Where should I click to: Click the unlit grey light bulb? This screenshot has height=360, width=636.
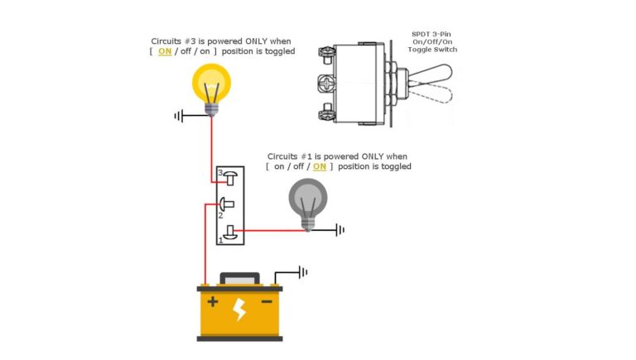tap(307, 200)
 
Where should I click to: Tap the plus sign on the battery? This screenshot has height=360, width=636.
tap(213, 302)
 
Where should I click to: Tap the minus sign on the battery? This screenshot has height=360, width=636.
tap(267, 302)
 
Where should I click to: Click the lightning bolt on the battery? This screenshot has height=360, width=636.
tap(239, 310)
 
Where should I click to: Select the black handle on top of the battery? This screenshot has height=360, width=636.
tap(239, 279)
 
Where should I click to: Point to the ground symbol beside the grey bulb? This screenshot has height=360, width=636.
tap(340, 229)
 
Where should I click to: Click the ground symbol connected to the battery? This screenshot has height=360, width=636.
tap(303, 271)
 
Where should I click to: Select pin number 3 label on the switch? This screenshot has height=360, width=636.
tap(220, 173)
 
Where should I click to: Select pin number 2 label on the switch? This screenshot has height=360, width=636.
tap(220, 214)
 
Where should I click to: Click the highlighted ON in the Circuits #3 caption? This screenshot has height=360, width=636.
tap(165, 50)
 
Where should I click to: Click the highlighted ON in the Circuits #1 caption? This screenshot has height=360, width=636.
tap(320, 166)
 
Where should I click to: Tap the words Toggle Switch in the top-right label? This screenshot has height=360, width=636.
tap(434, 50)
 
